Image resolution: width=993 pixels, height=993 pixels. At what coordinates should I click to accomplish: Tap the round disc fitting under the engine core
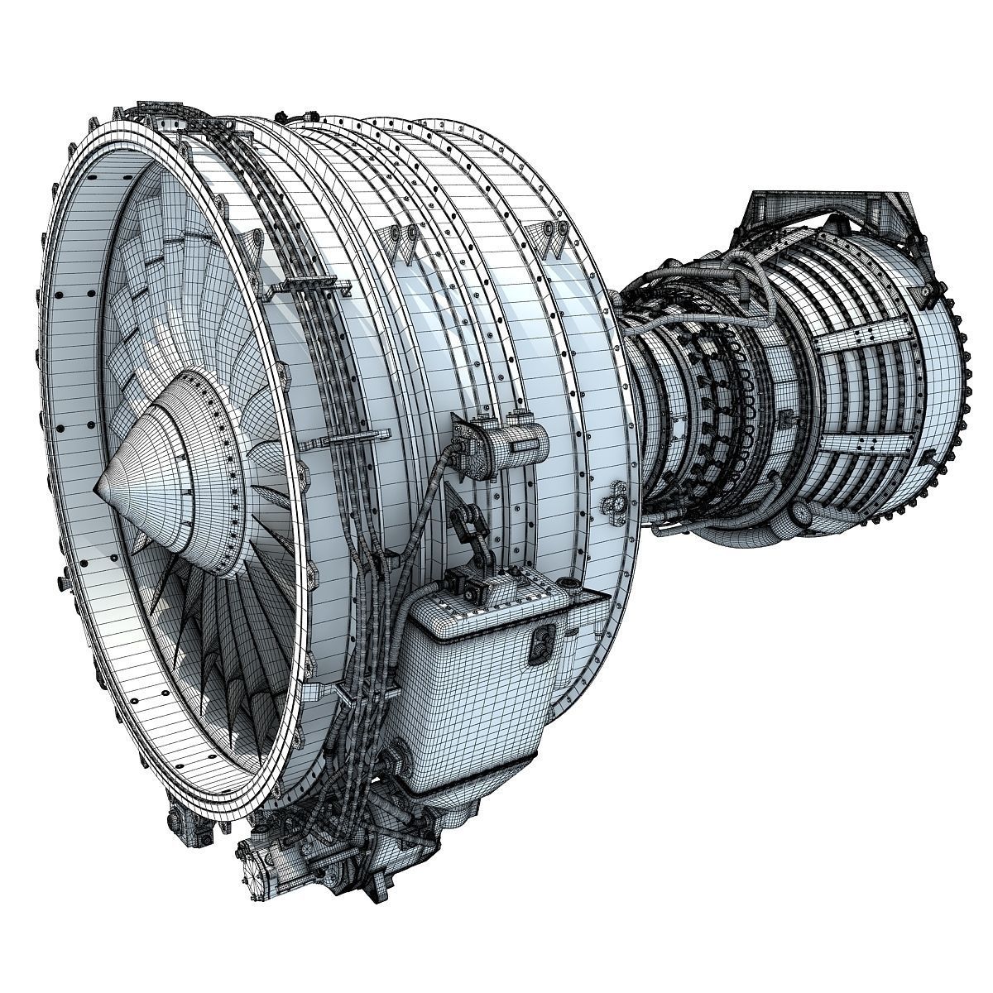(801, 514)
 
